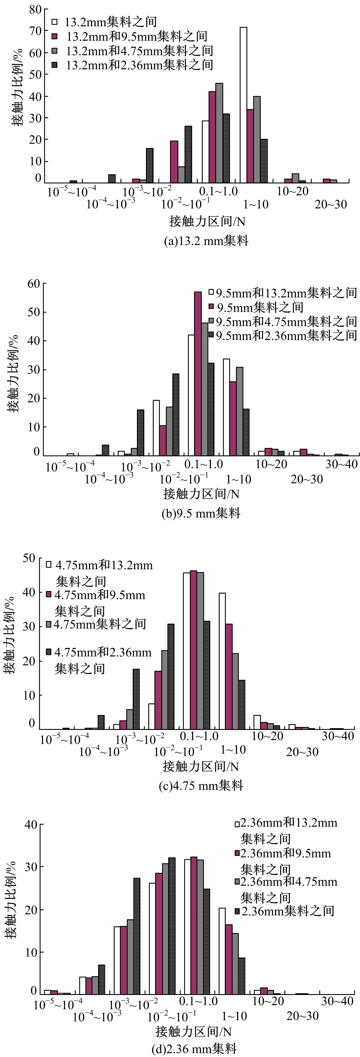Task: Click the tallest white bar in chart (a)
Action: (x=243, y=105)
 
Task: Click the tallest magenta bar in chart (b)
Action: (x=198, y=373)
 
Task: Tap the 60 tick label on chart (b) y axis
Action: (x=34, y=284)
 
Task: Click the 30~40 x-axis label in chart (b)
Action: (x=342, y=464)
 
